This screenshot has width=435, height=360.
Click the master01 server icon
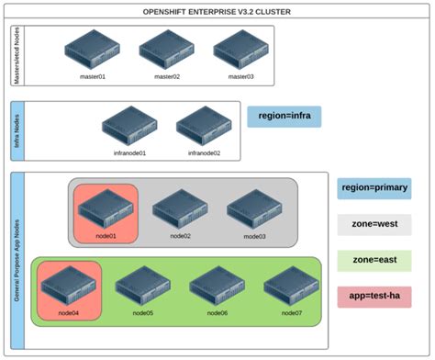click(91, 50)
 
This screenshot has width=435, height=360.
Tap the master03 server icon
click(238, 50)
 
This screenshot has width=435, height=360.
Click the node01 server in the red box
click(106, 208)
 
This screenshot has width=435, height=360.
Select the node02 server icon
click(179, 208)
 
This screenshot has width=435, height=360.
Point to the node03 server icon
click(252, 208)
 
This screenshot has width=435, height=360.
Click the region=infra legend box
click(283, 117)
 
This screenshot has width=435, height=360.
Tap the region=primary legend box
click(374, 188)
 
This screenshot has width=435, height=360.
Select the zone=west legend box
click(374, 224)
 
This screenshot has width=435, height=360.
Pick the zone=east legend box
click(374, 261)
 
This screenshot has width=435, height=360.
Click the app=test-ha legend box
click(374, 298)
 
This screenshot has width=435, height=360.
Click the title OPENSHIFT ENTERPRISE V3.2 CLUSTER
click(217, 9)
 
